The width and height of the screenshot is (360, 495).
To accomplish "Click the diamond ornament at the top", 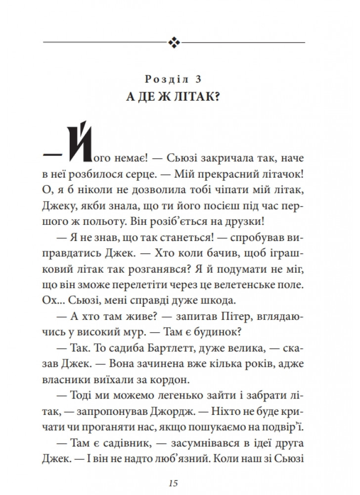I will [x=176, y=43].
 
